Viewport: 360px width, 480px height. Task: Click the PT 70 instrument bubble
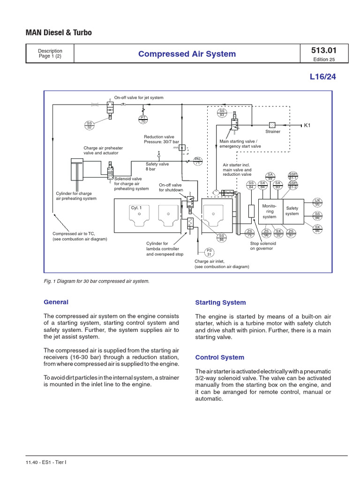143,120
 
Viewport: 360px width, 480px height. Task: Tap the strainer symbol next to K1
272,125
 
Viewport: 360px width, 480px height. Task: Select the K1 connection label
307,125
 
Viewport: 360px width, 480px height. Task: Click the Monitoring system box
270,211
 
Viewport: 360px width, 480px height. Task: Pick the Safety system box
292,211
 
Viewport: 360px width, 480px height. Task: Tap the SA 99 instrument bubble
270,176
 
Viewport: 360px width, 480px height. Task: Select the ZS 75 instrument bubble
250,233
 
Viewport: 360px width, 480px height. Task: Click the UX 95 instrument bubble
317,202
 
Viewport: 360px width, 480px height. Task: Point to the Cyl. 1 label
136,207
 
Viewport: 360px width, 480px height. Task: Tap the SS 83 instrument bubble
222,112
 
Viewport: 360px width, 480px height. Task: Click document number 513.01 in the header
323,50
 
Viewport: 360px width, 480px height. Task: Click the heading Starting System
220,303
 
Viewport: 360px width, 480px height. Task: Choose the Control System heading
219,357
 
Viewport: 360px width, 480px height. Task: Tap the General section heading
56,302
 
